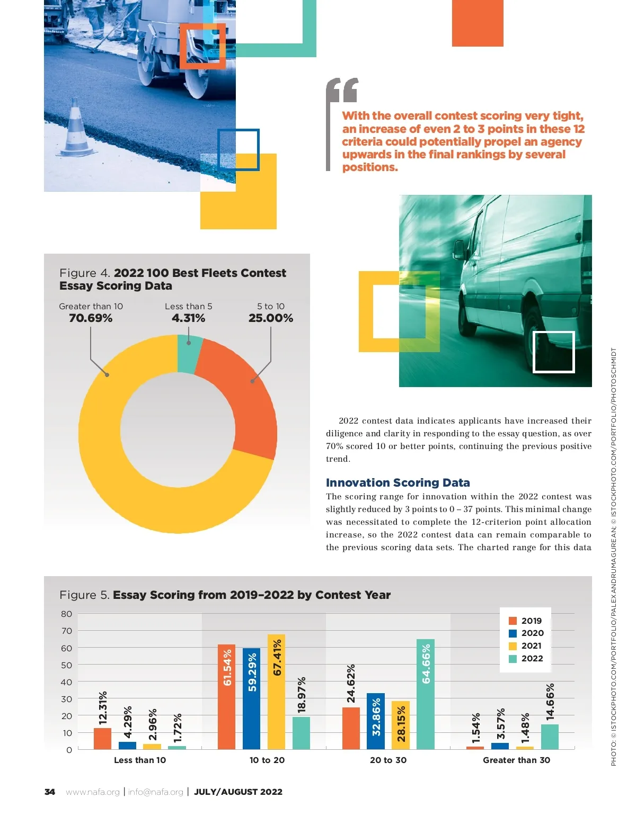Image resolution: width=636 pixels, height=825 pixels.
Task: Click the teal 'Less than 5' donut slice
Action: [x=189, y=354]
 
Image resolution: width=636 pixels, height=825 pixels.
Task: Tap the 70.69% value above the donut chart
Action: [x=91, y=318]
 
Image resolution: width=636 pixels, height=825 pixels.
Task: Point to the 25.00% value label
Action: [x=270, y=318]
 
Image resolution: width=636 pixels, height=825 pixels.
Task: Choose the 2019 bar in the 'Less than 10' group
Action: [x=102, y=738]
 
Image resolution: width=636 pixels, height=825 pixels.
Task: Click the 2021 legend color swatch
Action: [x=513, y=646]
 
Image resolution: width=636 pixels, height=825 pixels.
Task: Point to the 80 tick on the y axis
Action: [x=66, y=614]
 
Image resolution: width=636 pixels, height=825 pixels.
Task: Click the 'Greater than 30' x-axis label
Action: [x=516, y=760]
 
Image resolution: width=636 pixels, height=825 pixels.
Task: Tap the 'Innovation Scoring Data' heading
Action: [x=397, y=483]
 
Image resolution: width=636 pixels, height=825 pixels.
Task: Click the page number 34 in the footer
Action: [x=50, y=792]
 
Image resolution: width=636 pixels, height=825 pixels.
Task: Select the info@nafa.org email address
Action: [x=155, y=792]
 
